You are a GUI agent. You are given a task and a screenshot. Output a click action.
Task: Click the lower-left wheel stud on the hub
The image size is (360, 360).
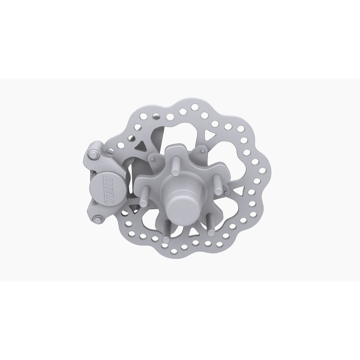tap(166, 230)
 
